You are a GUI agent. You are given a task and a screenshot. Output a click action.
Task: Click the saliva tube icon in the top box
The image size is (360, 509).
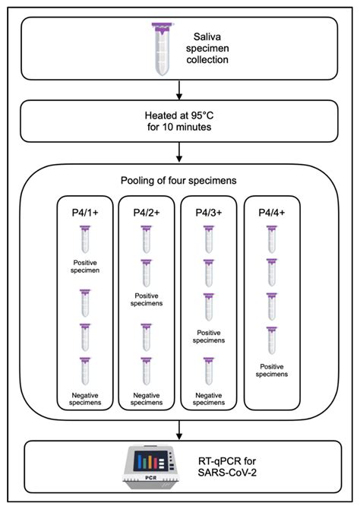(162, 49)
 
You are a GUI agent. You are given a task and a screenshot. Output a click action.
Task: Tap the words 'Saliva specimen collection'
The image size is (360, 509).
(210, 48)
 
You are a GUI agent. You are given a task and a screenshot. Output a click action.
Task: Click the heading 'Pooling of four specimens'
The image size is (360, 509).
(179, 182)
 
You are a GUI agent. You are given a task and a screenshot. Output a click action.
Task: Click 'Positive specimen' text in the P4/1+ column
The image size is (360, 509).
(84, 267)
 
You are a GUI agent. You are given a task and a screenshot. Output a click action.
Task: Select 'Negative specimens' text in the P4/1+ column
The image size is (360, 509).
(84, 399)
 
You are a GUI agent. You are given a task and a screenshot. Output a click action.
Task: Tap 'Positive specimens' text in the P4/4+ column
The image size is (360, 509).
(271, 370)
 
